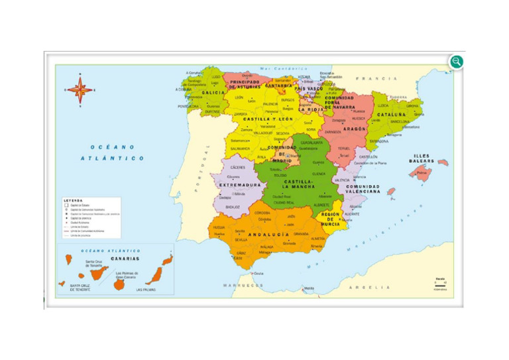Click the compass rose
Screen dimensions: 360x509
pos(80,90)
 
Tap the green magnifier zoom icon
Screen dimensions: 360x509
pos(456,62)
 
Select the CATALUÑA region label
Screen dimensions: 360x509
pos(392,115)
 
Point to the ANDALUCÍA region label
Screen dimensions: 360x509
pos(268,235)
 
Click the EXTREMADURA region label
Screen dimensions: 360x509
pos(240,185)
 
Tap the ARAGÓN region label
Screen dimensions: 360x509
pos(355,129)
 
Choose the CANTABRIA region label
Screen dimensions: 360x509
pos(278,86)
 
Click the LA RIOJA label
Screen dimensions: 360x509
pos(310,109)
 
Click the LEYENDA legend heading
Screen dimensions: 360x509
pos(73,200)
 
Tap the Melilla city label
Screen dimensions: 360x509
pos(309,288)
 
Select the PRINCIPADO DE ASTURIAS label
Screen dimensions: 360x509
pos(244,84)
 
